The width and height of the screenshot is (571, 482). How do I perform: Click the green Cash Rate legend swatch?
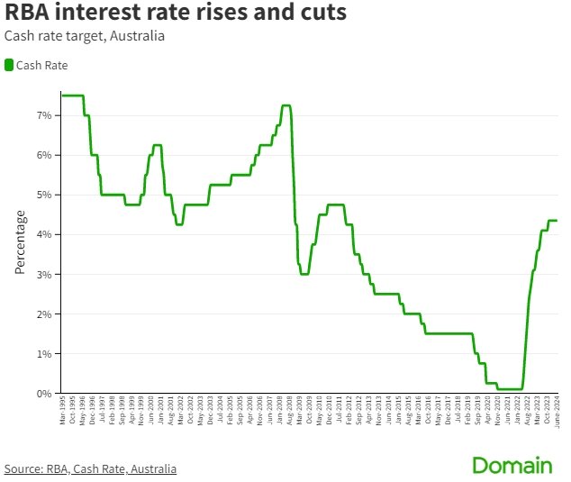point(9,65)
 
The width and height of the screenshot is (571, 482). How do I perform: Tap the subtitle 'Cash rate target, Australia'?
point(84,37)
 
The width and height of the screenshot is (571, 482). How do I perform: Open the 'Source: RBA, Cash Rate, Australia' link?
point(90,468)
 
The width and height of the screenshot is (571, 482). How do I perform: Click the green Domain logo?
point(512,466)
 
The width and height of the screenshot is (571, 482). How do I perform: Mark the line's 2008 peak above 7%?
point(285,105)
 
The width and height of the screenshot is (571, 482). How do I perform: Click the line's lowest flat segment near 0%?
point(509,389)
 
